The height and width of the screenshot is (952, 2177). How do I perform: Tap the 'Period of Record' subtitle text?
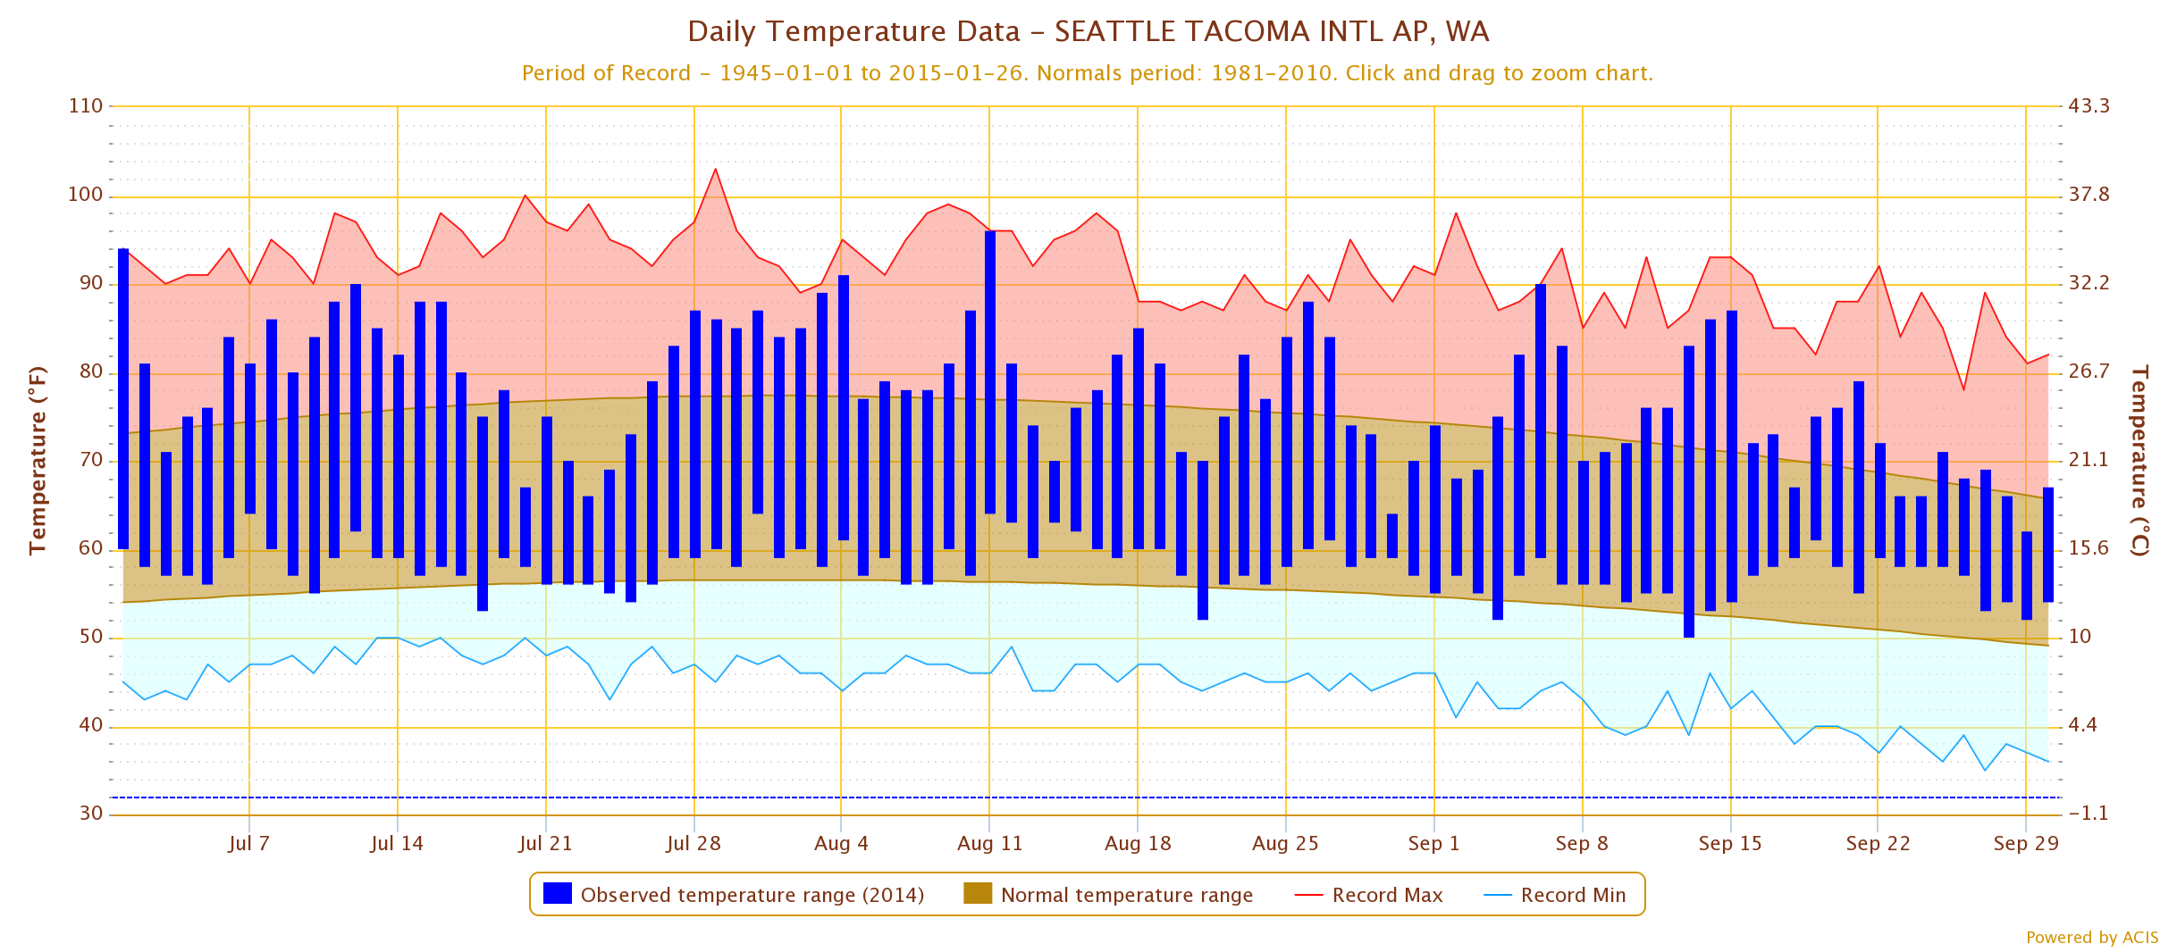(x=1088, y=73)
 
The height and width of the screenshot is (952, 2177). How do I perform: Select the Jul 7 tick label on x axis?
(x=248, y=844)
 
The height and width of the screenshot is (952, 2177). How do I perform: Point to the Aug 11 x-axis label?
(x=989, y=844)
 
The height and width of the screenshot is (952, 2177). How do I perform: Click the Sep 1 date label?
(x=1433, y=844)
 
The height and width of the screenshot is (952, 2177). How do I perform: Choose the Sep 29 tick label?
(x=2025, y=844)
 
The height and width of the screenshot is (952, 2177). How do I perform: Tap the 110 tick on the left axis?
(x=86, y=106)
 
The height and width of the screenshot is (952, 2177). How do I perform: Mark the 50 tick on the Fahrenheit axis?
(x=91, y=638)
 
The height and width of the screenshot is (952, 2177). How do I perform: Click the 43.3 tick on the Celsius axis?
(x=2089, y=106)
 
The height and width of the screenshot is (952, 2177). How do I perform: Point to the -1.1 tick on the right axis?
(x=2088, y=814)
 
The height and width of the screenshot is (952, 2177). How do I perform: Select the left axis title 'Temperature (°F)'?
(x=38, y=460)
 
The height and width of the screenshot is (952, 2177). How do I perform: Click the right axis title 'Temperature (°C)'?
(x=2139, y=460)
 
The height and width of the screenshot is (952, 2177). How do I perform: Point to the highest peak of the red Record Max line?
(x=715, y=170)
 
